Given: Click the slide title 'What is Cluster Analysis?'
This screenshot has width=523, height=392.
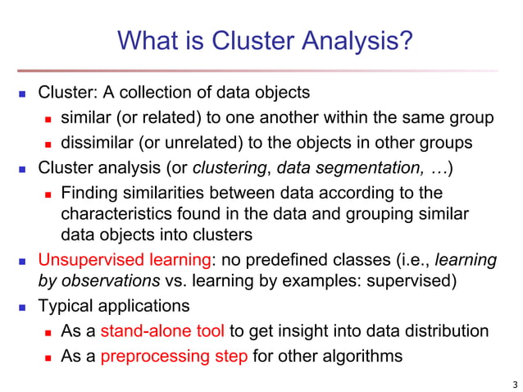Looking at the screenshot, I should pos(263,39).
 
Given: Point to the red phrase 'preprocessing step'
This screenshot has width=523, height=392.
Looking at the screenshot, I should pos(174,356).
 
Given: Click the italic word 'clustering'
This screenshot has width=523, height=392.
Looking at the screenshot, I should pos(230,168).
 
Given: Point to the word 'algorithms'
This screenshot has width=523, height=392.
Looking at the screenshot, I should pos(362,356).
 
